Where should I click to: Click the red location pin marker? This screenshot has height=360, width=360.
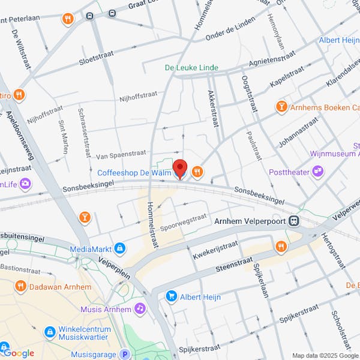pyautogui.click(x=180, y=169)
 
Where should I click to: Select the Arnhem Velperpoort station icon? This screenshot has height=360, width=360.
pyautogui.click(x=294, y=221)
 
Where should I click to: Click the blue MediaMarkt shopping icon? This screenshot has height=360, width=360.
pyautogui.click(x=120, y=248)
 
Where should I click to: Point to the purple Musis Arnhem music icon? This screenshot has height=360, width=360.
pyautogui.click(x=140, y=308)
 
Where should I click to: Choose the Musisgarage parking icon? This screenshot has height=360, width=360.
pyautogui.click(x=125, y=355)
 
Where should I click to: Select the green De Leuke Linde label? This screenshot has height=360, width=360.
pyautogui.click(x=191, y=68)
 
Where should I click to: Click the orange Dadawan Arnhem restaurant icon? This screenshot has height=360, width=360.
pyautogui.click(x=20, y=286)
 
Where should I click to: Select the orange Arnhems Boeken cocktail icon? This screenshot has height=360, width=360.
pyautogui.click(x=281, y=107)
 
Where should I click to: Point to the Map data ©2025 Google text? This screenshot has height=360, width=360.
pyautogui.click(x=325, y=355)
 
